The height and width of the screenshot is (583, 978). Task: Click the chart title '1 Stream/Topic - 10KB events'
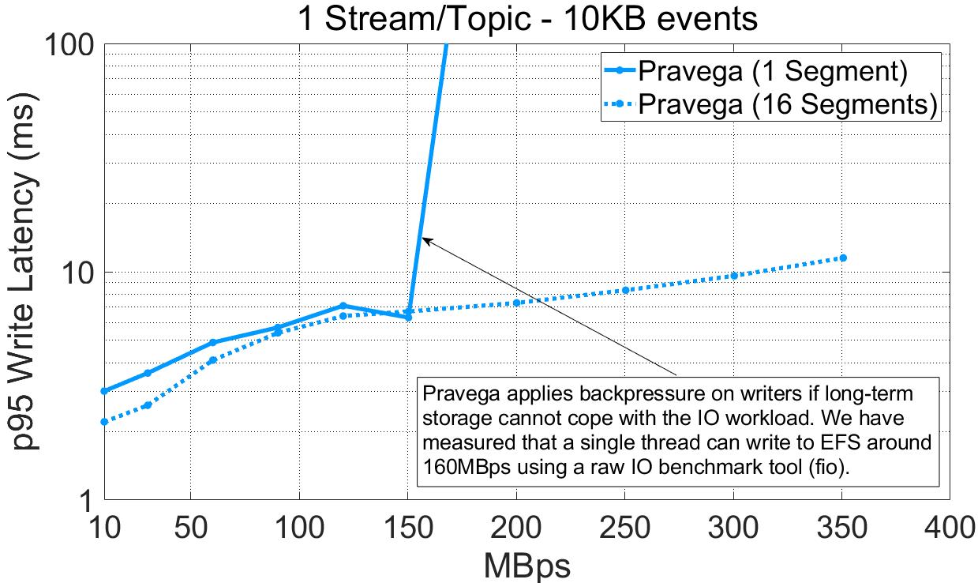point(526,18)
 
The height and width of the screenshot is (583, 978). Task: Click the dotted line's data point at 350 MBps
point(843,258)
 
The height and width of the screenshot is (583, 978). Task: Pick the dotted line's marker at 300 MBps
point(734,276)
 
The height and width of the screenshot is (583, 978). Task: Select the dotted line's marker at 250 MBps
point(626,290)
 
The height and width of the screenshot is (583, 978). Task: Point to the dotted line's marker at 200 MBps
point(517,303)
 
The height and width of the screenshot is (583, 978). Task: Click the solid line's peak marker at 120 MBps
point(343,306)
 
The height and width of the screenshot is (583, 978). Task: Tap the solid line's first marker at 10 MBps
point(104,391)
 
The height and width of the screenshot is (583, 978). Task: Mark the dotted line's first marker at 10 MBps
point(104,422)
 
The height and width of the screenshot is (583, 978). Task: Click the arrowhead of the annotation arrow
point(425,239)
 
